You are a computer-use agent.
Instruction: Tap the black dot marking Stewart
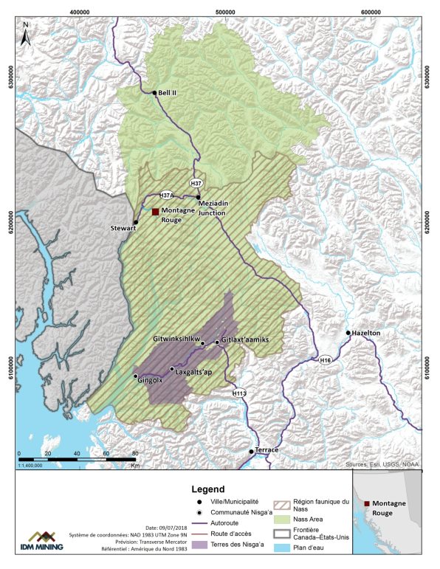[x=136, y=222]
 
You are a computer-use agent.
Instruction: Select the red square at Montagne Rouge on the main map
[x=155, y=212]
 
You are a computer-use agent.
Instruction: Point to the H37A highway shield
[x=167, y=195]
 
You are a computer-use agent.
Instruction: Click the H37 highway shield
[x=196, y=182]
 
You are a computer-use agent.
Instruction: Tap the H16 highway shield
[x=326, y=360]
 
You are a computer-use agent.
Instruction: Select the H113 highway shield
[x=238, y=394]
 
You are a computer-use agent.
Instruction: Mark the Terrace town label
[x=267, y=450]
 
